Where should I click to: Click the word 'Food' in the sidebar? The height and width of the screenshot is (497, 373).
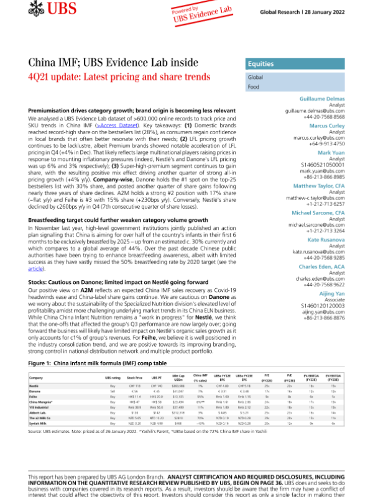point(254,88)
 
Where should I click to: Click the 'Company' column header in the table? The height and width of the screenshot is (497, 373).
point(36,378)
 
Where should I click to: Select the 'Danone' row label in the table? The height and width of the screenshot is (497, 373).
point(35,391)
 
